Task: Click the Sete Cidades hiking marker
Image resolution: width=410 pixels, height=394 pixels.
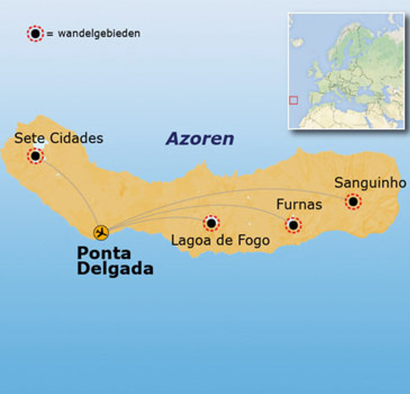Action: (x=35, y=156)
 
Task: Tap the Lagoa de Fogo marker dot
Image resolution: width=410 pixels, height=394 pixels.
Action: (x=211, y=223)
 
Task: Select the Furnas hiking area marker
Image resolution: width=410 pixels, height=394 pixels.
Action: (x=293, y=225)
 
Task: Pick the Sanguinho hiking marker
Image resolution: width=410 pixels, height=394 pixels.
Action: (x=353, y=201)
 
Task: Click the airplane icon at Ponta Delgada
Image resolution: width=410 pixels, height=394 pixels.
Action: (x=101, y=232)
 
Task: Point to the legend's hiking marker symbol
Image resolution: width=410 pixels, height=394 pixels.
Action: (x=35, y=34)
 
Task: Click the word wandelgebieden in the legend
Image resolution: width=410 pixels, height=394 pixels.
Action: (x=99, y=34)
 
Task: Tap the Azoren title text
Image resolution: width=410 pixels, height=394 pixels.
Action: (x=200, y=139)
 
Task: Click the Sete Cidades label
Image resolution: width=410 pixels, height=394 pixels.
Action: (x=59, y=138)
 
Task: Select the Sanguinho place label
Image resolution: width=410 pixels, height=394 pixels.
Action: (x=370, y=183)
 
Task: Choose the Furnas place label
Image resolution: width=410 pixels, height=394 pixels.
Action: (x=299, y=205)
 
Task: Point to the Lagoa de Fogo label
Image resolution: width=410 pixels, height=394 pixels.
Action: (x=220, y=241)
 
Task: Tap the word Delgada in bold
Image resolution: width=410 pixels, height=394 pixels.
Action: (x=115, y=269)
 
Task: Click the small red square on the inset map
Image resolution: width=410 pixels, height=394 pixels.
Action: (x=293, y=100)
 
